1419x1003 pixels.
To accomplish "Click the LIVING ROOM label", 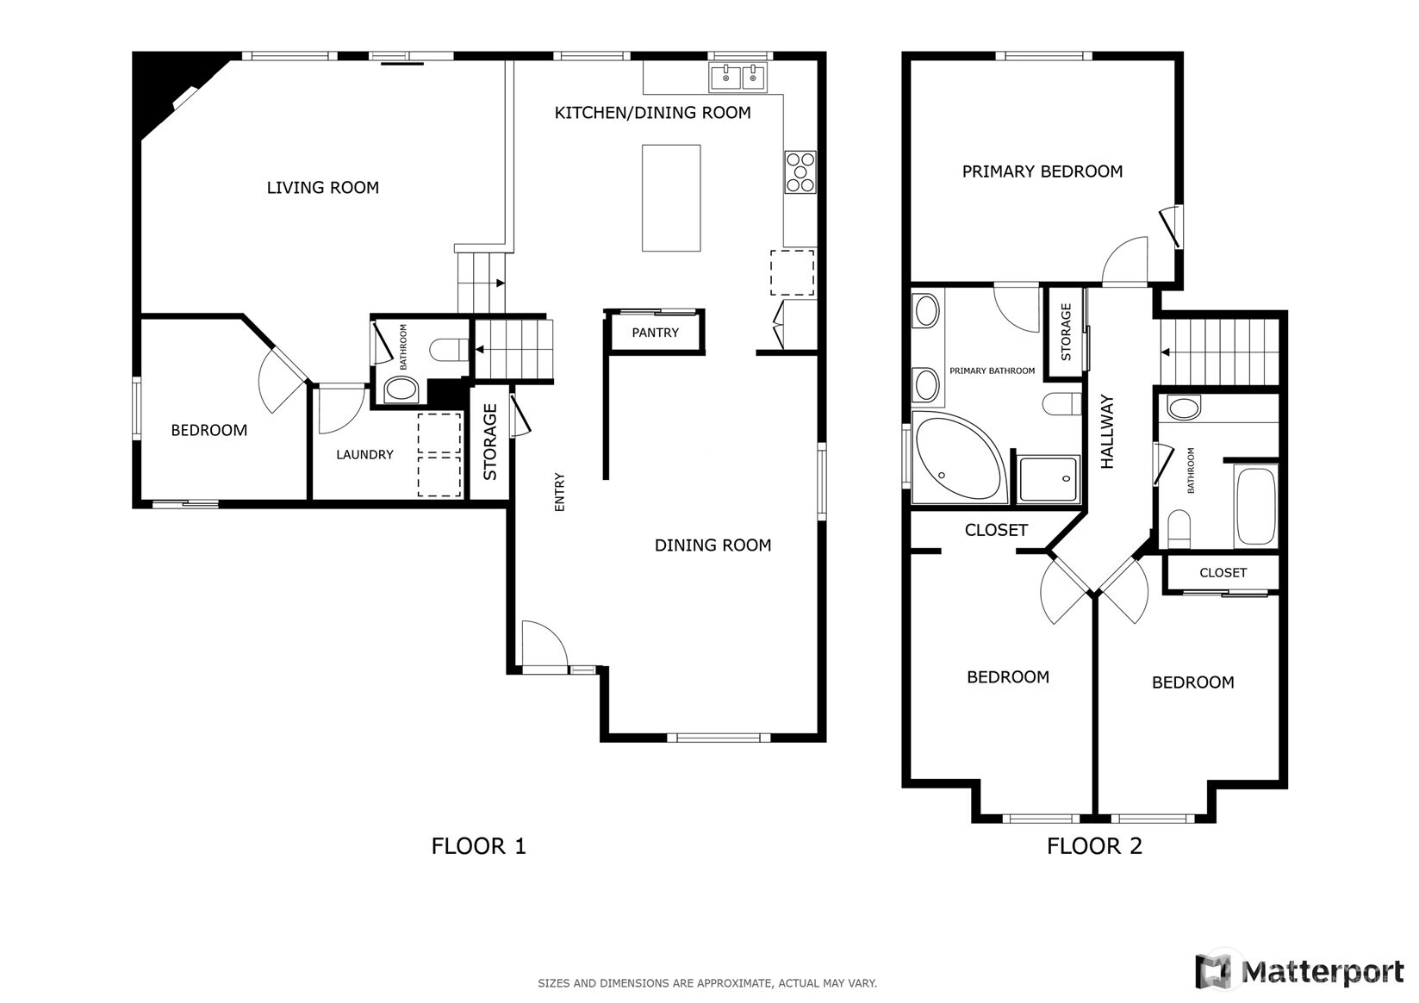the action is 322,188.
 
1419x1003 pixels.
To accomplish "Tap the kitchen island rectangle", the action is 671,197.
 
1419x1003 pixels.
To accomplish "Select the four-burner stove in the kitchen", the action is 800,171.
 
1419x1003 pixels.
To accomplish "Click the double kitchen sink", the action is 738,78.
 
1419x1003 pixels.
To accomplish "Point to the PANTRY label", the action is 655,333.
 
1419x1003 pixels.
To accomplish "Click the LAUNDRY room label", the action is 365,454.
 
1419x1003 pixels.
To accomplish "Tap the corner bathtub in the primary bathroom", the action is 958,457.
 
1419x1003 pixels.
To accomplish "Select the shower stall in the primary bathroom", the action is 1049,478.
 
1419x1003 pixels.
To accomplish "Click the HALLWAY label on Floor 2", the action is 1107,432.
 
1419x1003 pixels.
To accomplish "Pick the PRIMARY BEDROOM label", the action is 1042,171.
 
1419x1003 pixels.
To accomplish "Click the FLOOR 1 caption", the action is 478,846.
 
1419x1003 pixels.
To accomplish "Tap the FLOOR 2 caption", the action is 1094,846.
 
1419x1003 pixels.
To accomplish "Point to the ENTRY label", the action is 559,492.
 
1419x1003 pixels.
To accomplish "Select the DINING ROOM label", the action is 713,545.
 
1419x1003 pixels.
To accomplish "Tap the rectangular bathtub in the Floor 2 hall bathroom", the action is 1255,506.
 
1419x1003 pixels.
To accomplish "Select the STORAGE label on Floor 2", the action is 1066,332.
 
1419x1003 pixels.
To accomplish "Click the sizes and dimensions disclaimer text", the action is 707,983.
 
